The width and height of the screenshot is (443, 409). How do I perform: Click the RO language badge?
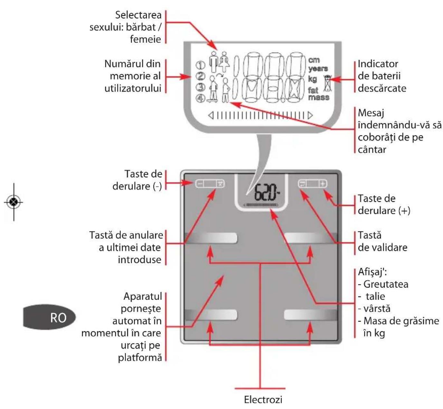(x=49, y=317)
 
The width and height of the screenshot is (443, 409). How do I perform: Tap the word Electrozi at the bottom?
(x=263, y=399)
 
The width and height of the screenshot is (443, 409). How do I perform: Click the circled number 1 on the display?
(x=201, y=65)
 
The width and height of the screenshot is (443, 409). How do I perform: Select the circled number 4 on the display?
(x=201, y=98)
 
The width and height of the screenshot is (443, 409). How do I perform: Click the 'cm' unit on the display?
(x=314, y=60)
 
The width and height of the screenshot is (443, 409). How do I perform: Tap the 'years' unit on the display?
(x=318, y=69)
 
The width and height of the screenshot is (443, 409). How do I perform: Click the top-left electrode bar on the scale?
(x=211, y=238)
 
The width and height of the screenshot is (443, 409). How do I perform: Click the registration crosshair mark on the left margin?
(x=14, y=202)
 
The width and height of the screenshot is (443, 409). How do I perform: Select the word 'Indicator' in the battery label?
(x=378, y=64)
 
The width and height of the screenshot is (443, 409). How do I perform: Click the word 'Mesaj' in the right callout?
(x=371, y=113)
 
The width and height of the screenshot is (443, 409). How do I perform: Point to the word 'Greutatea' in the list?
(x=386, y=284)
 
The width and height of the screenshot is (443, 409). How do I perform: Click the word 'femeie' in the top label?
(x=146, y=39)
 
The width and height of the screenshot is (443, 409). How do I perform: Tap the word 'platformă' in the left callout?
(x=140, y=357)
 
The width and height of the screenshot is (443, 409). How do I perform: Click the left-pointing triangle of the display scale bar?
(x=211, y=115)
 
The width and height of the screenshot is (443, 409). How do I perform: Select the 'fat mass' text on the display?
(x=318, y=94)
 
